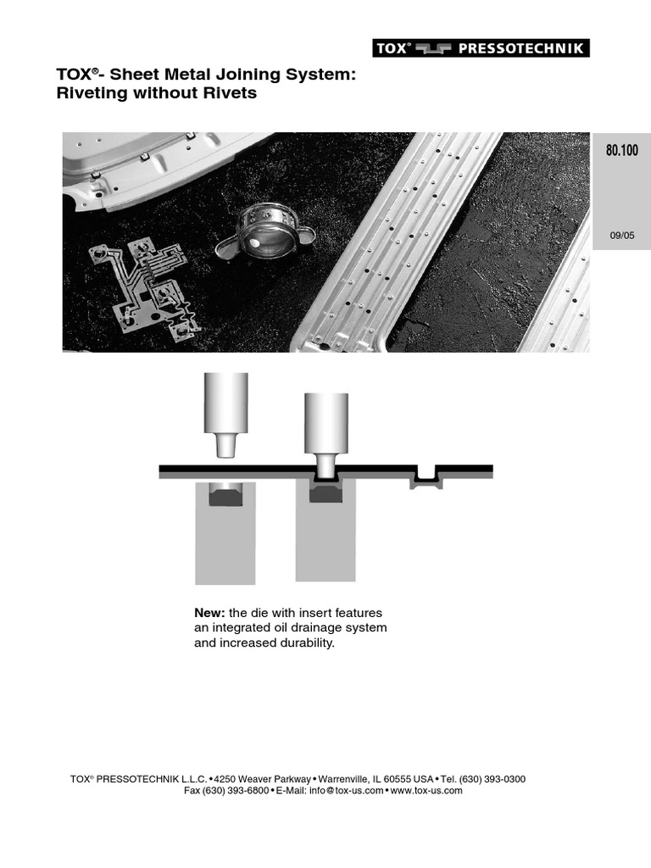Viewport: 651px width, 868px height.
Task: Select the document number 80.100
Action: [x=621, y=152]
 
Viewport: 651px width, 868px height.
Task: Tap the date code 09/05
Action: [x=621, y=236]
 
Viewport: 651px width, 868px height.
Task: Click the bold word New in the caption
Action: [x=209, y=613]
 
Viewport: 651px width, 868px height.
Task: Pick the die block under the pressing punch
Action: [x=325, y=531]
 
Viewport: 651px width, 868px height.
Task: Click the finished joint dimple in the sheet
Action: [x=425, y=478]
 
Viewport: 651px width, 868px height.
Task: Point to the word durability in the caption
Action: [x=303, y=643]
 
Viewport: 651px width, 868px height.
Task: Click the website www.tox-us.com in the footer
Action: [x=427, y=791]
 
